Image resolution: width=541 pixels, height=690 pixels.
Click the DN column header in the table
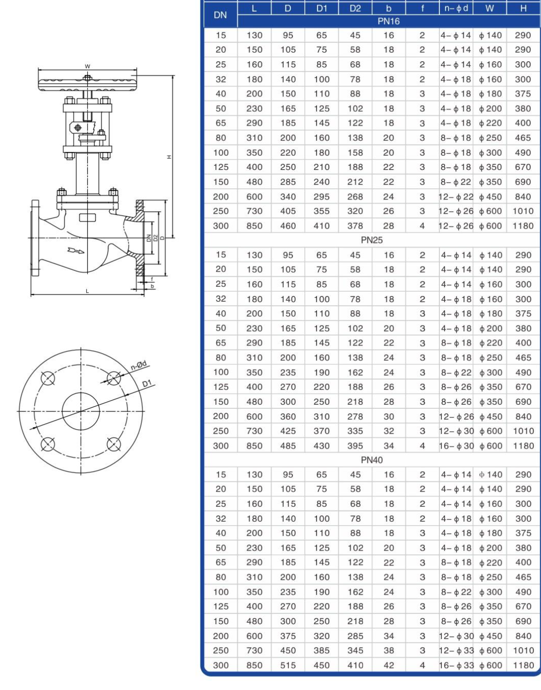tap(220, 15)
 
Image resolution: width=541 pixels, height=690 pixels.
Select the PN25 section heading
tap(372, 240)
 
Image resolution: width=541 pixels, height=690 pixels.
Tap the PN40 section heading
tap(372, 460)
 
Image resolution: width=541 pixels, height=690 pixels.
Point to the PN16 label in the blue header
tap(388, 21)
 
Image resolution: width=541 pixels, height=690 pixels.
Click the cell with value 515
tap(288, 665)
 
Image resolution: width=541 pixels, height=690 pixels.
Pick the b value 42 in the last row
tap(388, 665)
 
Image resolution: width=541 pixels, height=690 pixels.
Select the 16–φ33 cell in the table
tap(456, 665)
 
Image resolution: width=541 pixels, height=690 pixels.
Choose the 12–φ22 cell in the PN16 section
tap(456, 196)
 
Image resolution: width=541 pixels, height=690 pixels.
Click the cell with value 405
tap(288, 211)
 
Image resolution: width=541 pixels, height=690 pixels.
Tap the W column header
tap(489, 8)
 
